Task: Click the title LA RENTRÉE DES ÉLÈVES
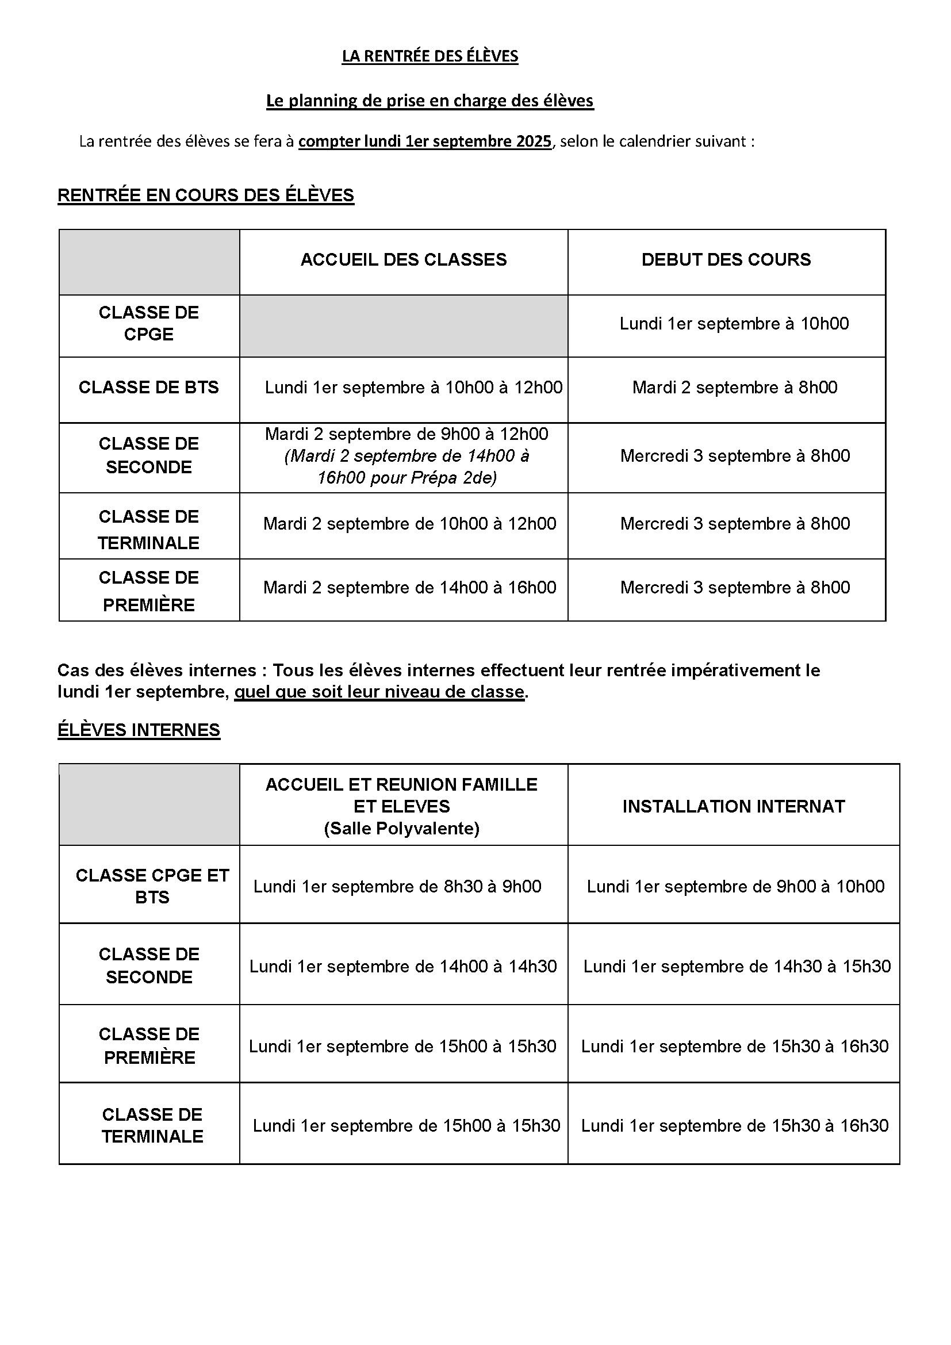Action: click(430, 56)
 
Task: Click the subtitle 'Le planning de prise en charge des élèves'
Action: click(430, 101)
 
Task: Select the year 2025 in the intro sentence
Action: click(534, 141)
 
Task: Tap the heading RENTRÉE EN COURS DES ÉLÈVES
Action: click(205, 195)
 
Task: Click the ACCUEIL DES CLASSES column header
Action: click(404, 259)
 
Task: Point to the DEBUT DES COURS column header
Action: click(726, 259)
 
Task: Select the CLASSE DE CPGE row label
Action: click(149, 323)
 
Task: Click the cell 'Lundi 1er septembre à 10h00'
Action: click(734, 323)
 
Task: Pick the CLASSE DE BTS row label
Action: click(149, 387)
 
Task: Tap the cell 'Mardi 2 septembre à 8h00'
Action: click(734, 387)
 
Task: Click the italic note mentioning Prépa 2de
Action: click(407, 467)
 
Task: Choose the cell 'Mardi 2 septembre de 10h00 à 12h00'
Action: click(409, 523)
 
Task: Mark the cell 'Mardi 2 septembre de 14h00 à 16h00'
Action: click(409, 587)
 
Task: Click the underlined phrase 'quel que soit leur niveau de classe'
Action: click(379, 692)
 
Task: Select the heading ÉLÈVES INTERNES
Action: click(139, 730)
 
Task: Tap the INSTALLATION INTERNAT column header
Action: click(733, 806)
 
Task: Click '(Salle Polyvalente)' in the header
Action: click(402, 828)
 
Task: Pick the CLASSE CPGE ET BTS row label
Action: click(152, 886)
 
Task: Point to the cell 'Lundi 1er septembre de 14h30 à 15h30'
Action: click(737, 966)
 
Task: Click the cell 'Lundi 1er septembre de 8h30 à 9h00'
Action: click(397, 886)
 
